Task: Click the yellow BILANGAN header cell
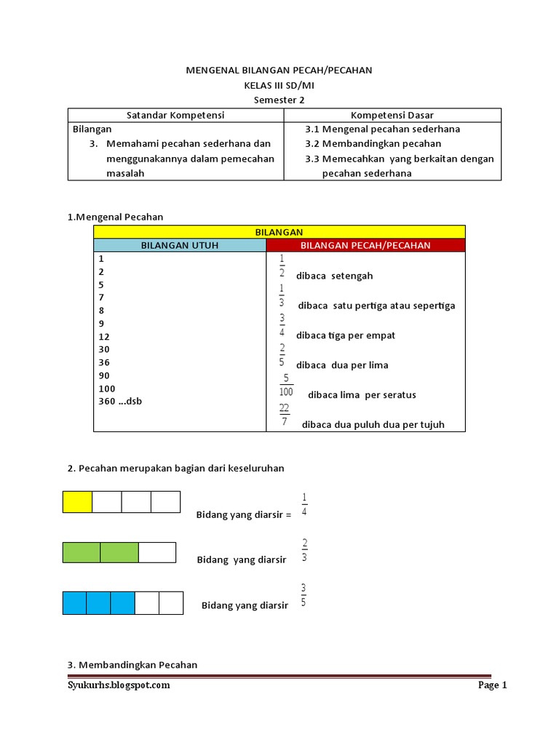pyautogui.click(x=279, y=231)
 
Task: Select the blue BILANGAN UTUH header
pyautogui.click(x=180, y=245)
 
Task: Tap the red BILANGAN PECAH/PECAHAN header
pyautogui.click(x=365, y=245)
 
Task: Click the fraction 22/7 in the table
pyautogui.click(x=284, y=415)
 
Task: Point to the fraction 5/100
pyautogui.click(x=287, y=385)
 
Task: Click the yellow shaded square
pyautogui.click(x=78, y=502)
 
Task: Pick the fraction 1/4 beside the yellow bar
pyautogui.click(x=304, y=504)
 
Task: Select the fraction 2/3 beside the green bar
pyautogui.click(x=304, y=551)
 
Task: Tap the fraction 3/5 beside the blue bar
pyautogui.click(x=304, y=595)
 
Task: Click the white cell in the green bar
pyautogui.click(x=157, y=552)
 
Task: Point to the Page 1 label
pyautogui.click(x=492, y=685)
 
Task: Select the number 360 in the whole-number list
pyautogui.click(x=107, y=401)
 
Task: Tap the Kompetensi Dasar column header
pyautogui.click(x=392, y=115)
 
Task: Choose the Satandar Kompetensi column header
pyautogui.click(x=175, y=115)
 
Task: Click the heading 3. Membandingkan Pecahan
pyautogui.click(x=132, y=664)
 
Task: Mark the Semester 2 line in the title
pyautogui.click(x=279, y=100)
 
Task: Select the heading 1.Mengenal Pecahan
pyautogui.click(x=115, y=216)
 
